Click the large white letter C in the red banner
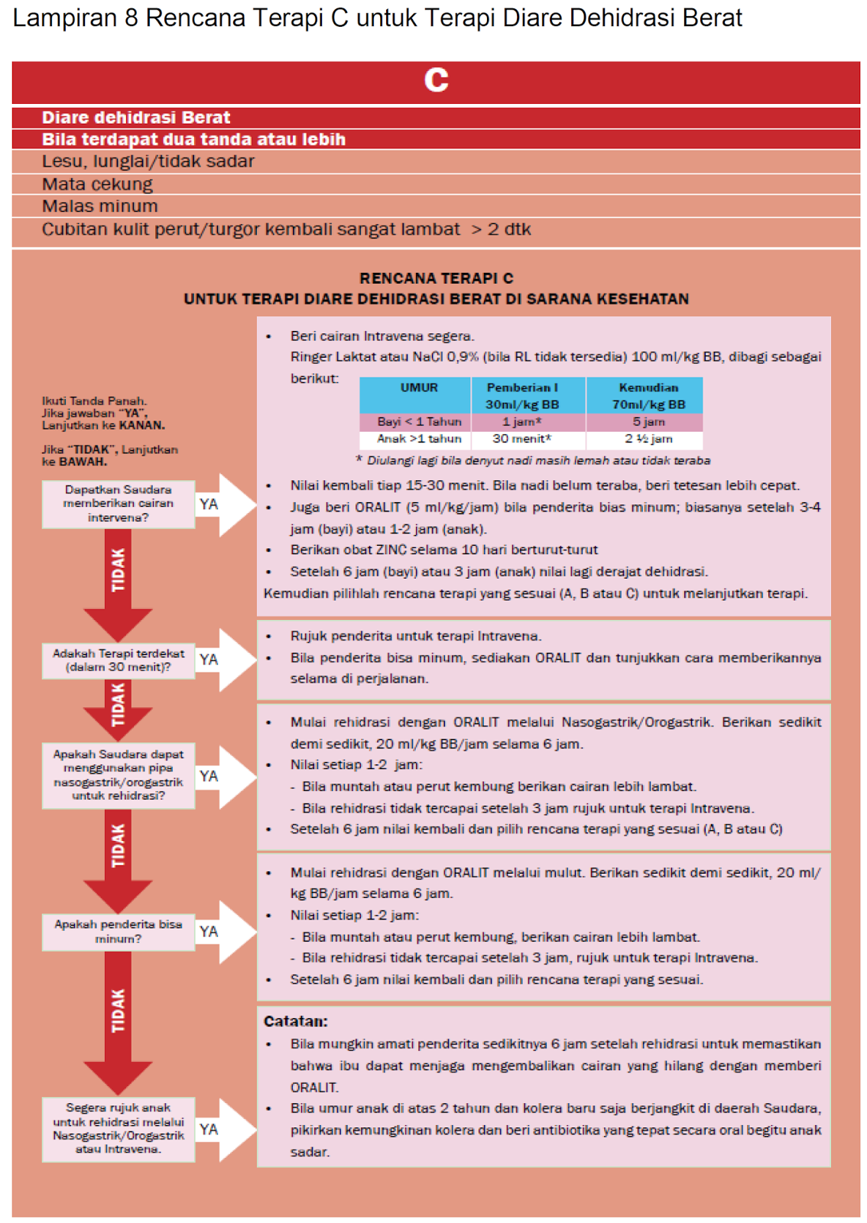436,80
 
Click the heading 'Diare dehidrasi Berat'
135,118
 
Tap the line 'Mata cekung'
97,184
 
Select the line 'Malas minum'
99,206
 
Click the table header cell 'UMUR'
419,388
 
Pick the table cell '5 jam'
648,422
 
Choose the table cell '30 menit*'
521,439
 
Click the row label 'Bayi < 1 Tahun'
419,422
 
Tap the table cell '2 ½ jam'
648,439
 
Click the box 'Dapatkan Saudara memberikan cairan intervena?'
119,504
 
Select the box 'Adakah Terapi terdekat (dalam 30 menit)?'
119,660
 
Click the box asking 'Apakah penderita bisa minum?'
119,932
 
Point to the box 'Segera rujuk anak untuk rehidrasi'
119,1129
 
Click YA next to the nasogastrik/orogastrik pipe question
209,777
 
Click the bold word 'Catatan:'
295,1022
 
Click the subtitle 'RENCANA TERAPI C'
436,278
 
